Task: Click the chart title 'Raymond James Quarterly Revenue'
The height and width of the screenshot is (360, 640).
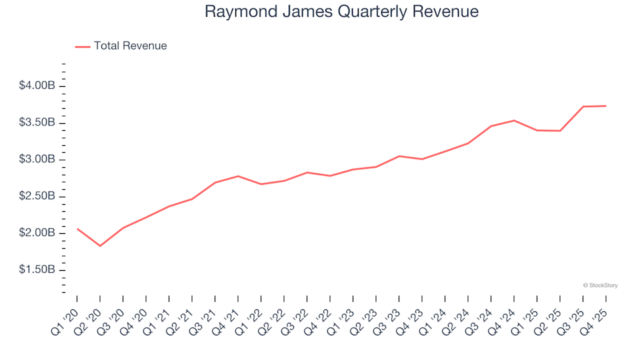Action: click(x=341, y=12)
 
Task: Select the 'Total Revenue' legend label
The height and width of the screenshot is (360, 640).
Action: click(x=130, y=46)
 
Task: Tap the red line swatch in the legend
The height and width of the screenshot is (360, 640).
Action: click(x=83, y=47)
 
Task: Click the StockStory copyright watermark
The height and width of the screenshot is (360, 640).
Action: click(x=600, y=285)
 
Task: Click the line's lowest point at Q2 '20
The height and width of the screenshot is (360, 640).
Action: click(x=100, y=246)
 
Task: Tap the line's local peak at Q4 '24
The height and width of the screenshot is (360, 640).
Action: click(x=513, y=121)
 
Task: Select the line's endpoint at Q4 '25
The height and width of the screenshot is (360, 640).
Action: click(x=605, y=106)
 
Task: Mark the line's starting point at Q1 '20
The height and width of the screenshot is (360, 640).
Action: click(x=77, y=229)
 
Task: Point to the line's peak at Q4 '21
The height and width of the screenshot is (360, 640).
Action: click(x=238, y=176)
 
